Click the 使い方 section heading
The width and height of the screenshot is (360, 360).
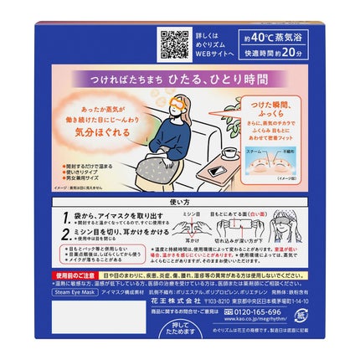click(x=180, y=204)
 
